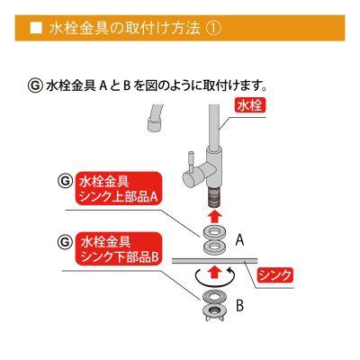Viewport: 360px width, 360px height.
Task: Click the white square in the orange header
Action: pyautogui.click(x=34, y=29)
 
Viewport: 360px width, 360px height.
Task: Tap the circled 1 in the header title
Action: pyautogui.click(x=211, y=29)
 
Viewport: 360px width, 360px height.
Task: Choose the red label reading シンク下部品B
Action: pyautogui.click(x=119, y=249)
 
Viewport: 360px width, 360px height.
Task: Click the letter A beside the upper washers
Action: pyautogui.click(x=240, y=241)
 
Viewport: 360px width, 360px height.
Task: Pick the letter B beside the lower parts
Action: pyautogui.click(x=239, y=306)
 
